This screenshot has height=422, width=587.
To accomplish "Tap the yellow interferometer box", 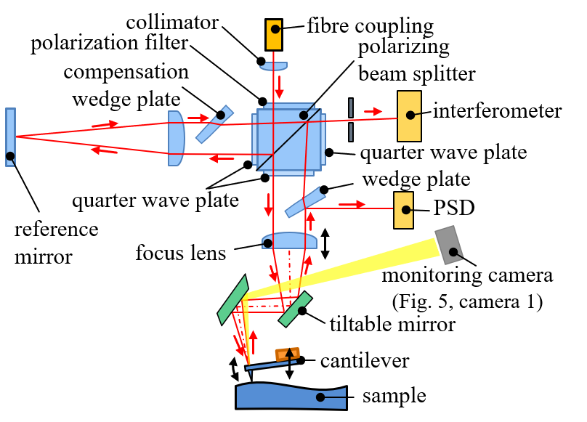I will click(x=412, y=116).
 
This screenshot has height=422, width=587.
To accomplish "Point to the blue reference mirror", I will click(x=10, y=137).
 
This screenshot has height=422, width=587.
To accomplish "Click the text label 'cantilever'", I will click(x=355, y=361).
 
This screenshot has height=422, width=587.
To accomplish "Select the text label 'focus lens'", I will click(x=180, y=253).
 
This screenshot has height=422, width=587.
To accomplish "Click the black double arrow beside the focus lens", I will click(x=325, y=243).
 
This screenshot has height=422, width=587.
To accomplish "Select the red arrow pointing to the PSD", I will click(x=351, y=204).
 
